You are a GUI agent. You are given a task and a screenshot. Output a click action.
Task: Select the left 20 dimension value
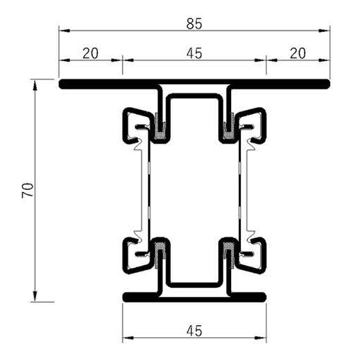[x=91, y=52]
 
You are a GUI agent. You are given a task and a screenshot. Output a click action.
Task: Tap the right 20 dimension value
[x=298, y=52]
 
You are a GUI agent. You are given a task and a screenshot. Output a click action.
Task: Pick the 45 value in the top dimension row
[x=195, y=52]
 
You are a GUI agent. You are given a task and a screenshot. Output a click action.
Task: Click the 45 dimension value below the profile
[x=195, y=330]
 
